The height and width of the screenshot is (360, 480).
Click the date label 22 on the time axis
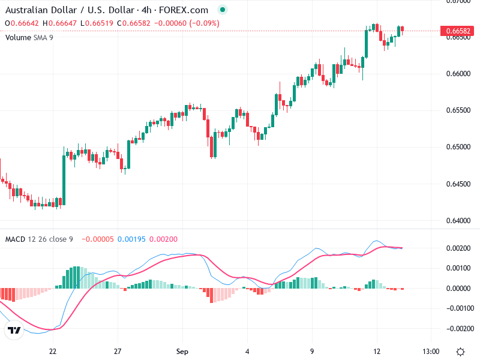[53, 351]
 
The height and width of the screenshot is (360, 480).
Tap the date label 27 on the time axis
[118, 351]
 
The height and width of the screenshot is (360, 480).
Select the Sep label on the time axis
[182, 351]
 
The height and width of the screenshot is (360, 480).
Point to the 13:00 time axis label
[431, 351]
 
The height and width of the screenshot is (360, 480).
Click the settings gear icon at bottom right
[460, 351]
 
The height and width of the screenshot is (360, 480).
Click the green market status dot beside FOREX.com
[223, 10]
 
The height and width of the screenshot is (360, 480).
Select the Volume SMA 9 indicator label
[29, 37]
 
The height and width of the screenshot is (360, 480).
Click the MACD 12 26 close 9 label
[39, 239]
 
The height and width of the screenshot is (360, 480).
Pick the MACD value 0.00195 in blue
[129, 239]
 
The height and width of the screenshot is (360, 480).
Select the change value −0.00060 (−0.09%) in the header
[186, 23]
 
